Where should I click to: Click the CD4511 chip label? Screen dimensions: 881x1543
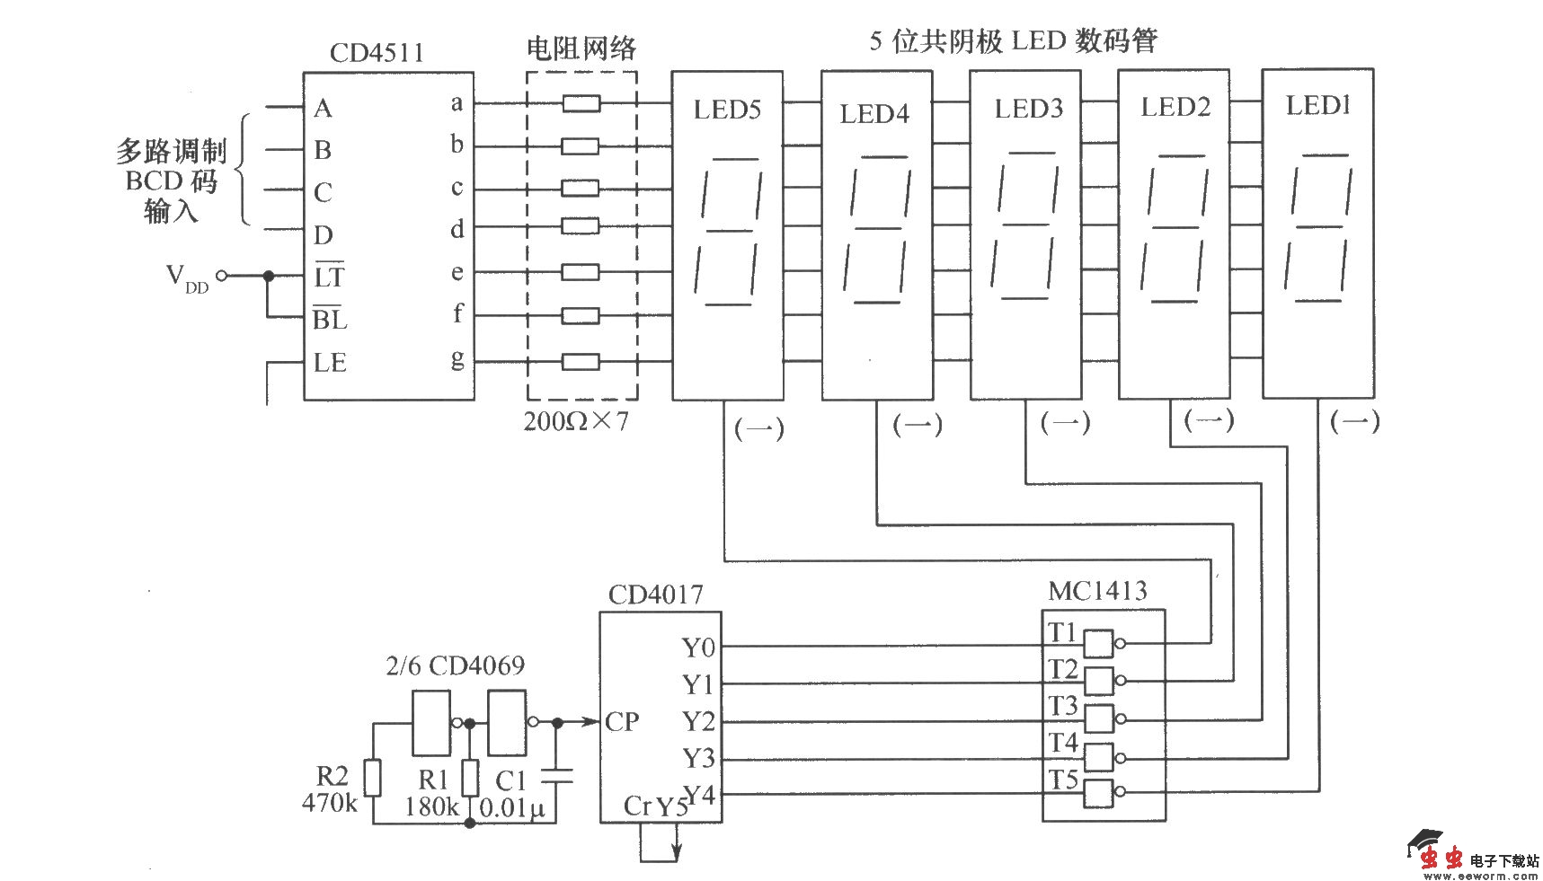tap(377, 52)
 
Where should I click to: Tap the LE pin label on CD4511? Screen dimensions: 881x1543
tap(329, 363)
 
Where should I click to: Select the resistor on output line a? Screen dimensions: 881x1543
tap(581, 104)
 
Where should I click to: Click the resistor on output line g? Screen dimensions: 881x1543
tap(581, 362)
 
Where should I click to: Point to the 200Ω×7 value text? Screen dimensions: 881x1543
tap(576, 420)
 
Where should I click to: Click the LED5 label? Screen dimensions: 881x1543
tap(727, 110)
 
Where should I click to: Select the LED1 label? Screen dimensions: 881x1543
tap(1318, 106)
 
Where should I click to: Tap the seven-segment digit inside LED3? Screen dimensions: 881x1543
tap(1026, 226)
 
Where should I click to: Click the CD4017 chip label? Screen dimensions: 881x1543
tap(655, 595)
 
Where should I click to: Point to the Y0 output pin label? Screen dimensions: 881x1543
tap(698, 648)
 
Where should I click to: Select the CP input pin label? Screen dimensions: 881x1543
tap(622, 722)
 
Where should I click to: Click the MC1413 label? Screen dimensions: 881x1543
tap(1097, 591)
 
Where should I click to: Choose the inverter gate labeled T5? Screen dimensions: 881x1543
tap(1099, 794)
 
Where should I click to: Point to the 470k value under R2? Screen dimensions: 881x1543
tap(330, 803)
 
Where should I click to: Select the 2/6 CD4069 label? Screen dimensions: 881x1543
tap(455, 666)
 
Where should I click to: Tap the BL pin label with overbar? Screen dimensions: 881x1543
tap(329, 319)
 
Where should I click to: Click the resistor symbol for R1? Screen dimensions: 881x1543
tap(469, 777)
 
